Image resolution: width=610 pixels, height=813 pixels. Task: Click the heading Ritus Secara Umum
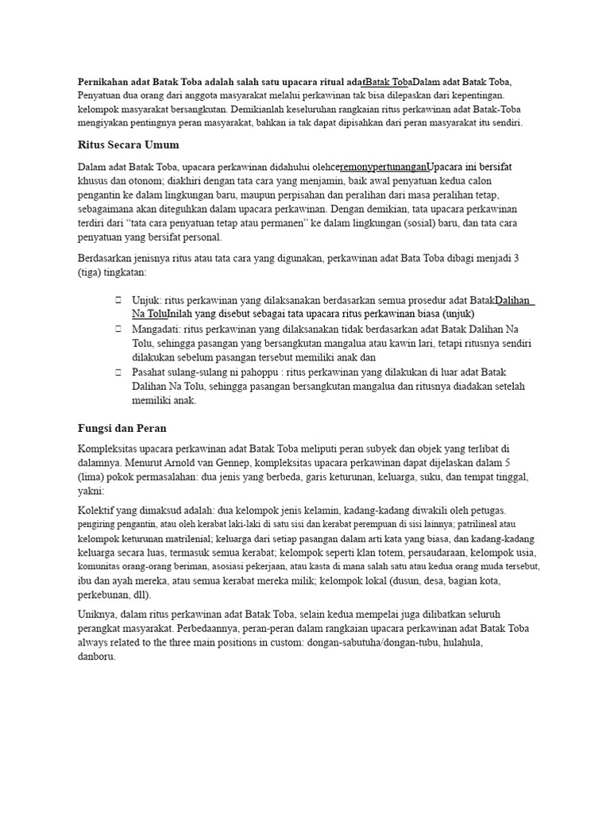pyautogui.click(x=129, y=145)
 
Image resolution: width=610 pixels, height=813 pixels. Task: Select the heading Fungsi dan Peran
pyautogui.click(x=122, y=428)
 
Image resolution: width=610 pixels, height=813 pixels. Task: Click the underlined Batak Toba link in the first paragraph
pyautogui.click(x=388, y=82)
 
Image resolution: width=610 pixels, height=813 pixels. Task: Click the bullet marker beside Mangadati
pyautogui.click(x=118, y=329)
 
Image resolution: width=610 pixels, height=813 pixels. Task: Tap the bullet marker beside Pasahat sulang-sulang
pyautogui.click(x=118, y=372)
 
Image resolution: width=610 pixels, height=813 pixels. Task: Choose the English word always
pyautogui.click(x=94, y=642)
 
